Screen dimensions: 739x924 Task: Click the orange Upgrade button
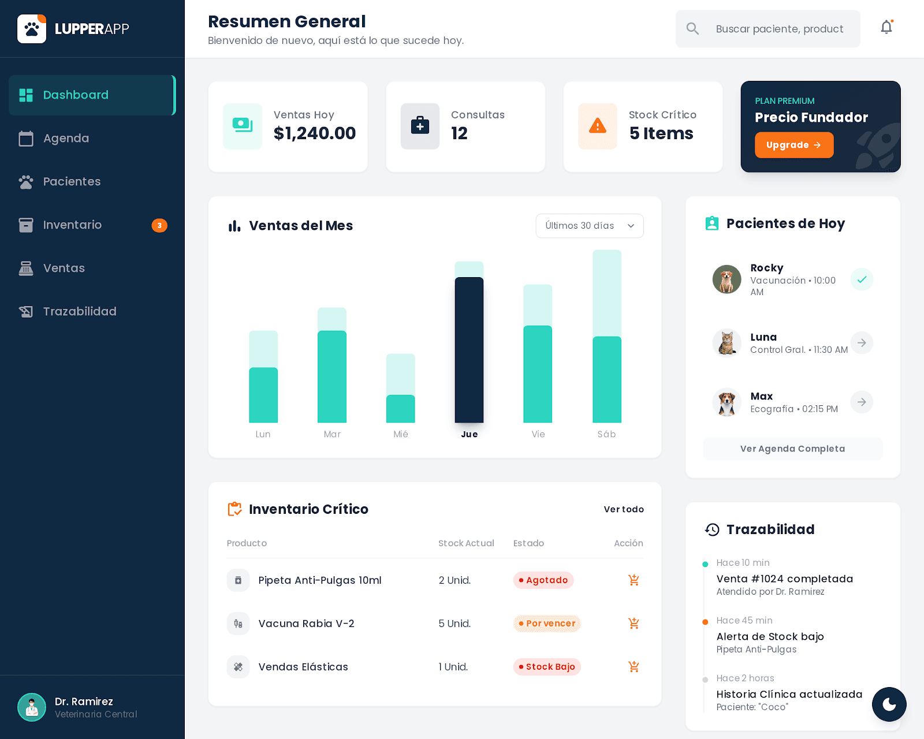tap(793, 145)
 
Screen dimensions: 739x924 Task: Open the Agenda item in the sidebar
tap(66, 139)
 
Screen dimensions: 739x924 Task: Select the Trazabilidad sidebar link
tap(79, 312)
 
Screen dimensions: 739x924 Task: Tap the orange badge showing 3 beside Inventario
tap(159, 225)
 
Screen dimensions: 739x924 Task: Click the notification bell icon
tap(886, 28)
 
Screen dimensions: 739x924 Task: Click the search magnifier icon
tap(692, 29)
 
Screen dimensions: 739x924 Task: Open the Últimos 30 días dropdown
tap(589, 226)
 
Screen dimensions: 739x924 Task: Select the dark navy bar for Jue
tap(469, 350)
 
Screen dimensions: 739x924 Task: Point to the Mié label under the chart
tap(401, 434)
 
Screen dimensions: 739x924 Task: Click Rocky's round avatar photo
tap(726, 279)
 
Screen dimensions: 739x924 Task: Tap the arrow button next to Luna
tap(861, 343)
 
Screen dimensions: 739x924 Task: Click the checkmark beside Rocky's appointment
tap(861, 279)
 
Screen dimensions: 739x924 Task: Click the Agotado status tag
tap(543, 580)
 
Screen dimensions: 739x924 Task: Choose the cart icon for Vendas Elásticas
tap(634, 667)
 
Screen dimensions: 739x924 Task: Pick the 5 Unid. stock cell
tap(454, 624)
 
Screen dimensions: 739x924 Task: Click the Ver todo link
tap(624, 509)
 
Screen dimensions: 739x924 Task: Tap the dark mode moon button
tap(889, 704)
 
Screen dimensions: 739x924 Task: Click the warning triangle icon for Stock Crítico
tap(598, 126)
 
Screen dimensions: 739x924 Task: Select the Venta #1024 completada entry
tap(784, 578)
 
